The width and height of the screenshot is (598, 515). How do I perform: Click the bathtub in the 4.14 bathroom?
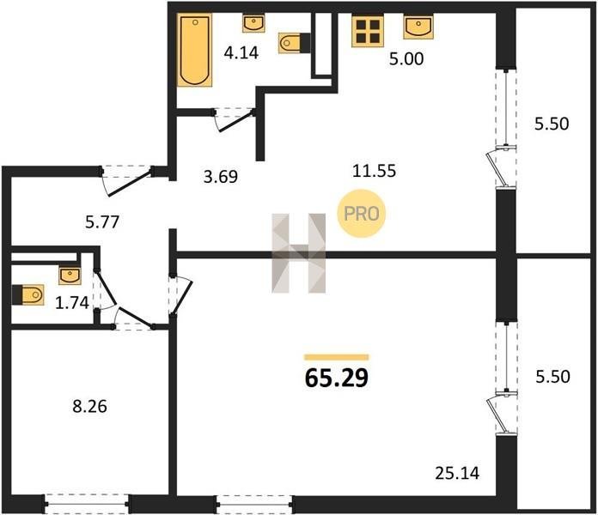194,51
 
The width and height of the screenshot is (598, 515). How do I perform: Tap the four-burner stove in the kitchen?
368,32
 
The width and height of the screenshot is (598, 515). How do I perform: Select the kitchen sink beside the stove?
418,27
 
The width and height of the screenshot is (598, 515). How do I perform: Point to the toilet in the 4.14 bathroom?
294,43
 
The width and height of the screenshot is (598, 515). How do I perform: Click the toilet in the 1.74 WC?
27,294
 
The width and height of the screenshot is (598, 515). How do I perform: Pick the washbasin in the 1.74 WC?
70,276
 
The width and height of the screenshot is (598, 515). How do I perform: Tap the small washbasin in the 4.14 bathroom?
254,24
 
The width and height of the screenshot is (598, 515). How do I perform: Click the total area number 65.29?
337,378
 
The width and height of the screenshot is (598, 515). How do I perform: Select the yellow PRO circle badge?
361,214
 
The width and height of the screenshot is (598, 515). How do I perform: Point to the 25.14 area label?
457,473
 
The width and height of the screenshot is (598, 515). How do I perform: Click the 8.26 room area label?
90,407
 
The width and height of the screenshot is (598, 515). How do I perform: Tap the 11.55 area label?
374,171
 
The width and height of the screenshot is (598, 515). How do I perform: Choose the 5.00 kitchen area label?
406,59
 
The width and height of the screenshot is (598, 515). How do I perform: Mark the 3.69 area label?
221,176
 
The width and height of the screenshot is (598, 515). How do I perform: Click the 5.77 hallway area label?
102,221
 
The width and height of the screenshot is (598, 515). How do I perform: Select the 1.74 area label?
72,303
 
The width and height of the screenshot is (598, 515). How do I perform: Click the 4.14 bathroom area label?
241,53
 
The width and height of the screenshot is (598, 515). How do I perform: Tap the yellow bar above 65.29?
337,357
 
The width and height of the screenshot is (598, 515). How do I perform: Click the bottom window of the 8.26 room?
87,504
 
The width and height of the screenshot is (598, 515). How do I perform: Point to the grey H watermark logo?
299,253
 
